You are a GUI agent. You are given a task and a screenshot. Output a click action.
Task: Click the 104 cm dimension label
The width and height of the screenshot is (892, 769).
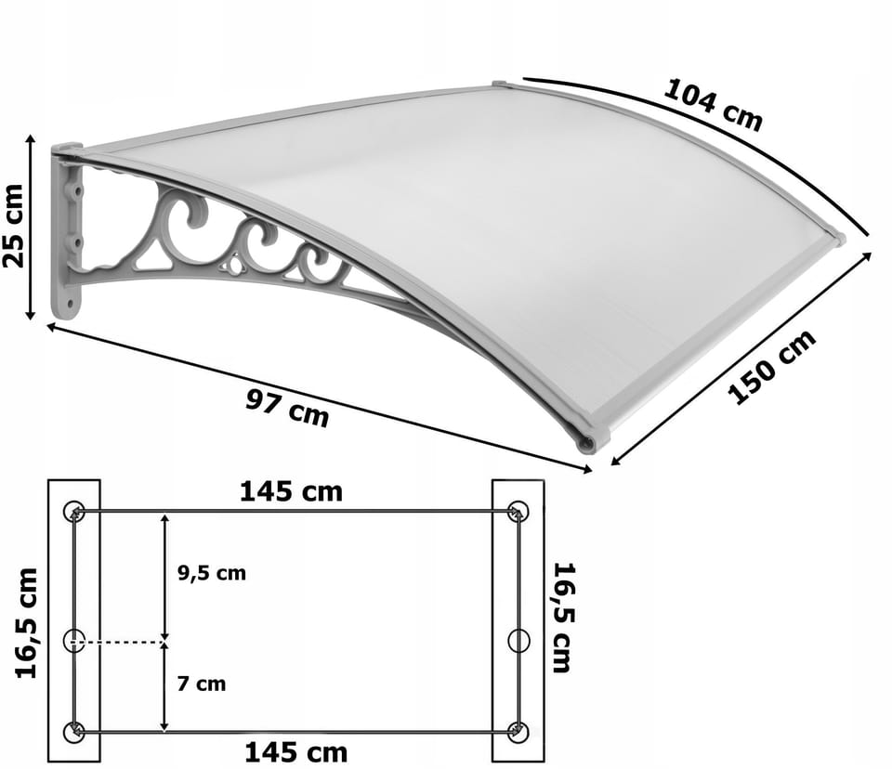pos(714,105)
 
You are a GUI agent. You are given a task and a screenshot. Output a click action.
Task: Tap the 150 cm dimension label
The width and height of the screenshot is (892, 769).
pos(772,366)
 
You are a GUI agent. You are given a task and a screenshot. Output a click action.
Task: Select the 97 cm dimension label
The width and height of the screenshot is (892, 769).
pos(287,407)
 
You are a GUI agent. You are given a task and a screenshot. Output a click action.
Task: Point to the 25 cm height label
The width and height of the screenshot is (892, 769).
pos(14,226)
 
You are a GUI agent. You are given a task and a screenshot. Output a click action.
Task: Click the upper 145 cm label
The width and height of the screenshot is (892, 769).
pos(291,492)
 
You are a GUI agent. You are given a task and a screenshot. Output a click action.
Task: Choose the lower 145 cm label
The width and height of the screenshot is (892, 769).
pos(295,752)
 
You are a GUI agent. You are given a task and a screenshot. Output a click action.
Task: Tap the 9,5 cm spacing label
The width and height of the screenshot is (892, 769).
pos(212,573)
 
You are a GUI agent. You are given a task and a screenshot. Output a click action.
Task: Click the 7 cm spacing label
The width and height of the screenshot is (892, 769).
pos(202,684)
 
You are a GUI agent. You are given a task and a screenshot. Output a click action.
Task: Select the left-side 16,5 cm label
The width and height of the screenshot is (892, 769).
pos(26,623)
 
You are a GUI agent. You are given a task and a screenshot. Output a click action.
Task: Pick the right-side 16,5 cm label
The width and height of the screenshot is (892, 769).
pos(564,618)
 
